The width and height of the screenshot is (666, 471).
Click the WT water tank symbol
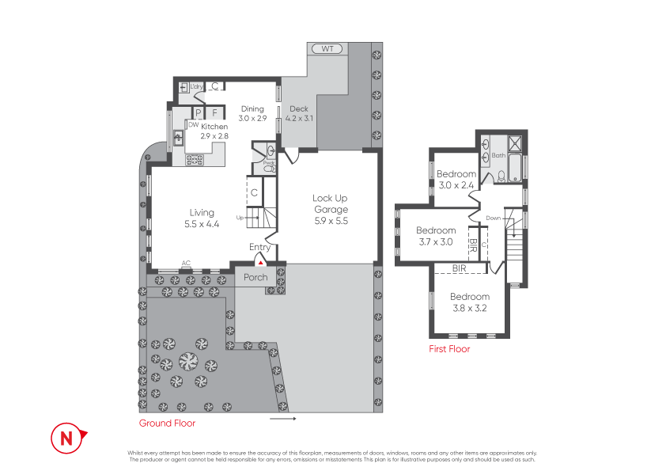[x=327, y=49]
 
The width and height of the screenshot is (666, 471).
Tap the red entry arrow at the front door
[x=261, y=263]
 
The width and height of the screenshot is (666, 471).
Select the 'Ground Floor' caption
[x=168, y=424]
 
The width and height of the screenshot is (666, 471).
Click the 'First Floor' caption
[x=449, y=349]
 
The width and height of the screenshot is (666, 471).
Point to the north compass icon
[x=68, y=438]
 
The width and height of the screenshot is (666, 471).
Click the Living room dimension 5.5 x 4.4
[x=202, y=225]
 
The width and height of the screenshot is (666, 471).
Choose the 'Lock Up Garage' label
[x=331, y=203]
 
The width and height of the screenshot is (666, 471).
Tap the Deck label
[x=299, y=108]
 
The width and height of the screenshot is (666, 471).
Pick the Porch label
[x=255, y=278]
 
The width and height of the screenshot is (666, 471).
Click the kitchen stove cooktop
[x=195, y=160]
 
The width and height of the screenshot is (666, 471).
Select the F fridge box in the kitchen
[x=215, y=112]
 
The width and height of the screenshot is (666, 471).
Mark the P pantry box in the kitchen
[x=198, y=113]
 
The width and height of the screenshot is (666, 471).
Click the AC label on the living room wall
[x=186, y=263]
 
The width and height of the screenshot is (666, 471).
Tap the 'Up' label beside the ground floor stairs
[x=240, y=218]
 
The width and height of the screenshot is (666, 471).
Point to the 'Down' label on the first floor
[x=493, y=218]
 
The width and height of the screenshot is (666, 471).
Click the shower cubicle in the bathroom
[x=515, y=143]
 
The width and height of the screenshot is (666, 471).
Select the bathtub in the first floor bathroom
[x=515, y=168]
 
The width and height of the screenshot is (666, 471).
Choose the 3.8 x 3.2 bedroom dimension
[x=470, y=308]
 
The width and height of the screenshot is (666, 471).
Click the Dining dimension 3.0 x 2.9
[x=253, y=119]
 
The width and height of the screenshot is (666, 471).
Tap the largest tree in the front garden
[x=188, y=361]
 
